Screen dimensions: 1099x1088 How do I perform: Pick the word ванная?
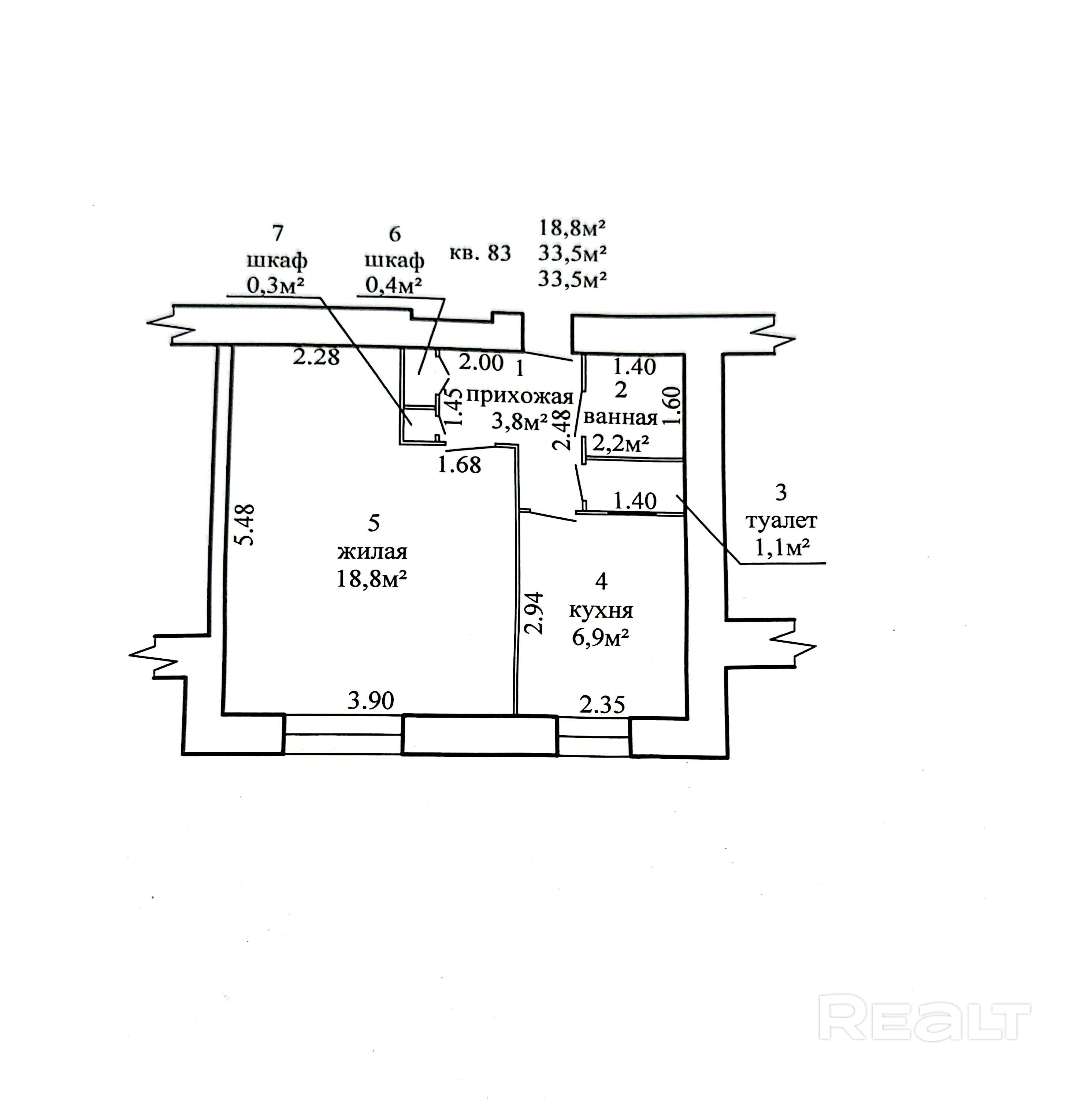coord(620,418)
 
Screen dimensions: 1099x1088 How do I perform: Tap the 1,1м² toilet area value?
coord(781,547)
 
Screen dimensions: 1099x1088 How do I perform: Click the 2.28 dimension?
coord(316,357)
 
